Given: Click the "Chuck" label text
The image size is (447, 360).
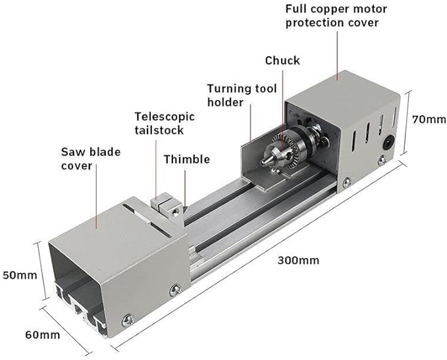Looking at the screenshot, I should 282,61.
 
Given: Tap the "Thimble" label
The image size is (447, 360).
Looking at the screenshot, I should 186,159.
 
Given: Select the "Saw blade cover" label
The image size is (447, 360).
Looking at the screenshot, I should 91,159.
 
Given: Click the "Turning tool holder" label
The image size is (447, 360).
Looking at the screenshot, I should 242,95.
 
